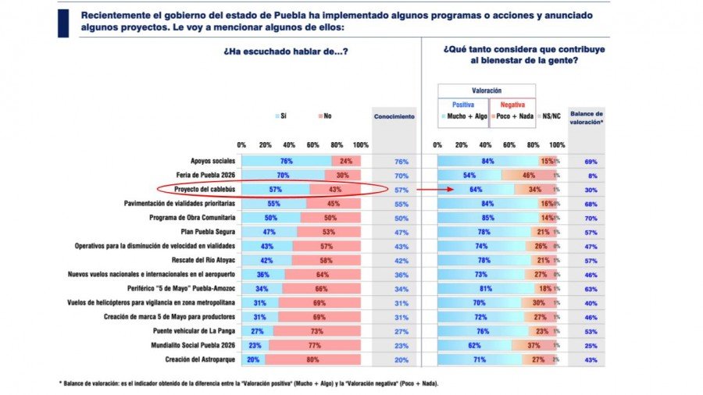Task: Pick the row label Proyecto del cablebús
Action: (195, 189)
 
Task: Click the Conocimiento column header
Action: (394, 116)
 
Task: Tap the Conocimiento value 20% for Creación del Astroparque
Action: (401, 358)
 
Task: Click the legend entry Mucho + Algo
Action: (465, 116)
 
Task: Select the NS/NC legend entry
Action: (551, 116)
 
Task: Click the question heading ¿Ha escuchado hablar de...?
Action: (286, 52)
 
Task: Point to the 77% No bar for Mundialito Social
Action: (315, 344)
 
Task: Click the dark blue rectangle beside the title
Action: (63, 23)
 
